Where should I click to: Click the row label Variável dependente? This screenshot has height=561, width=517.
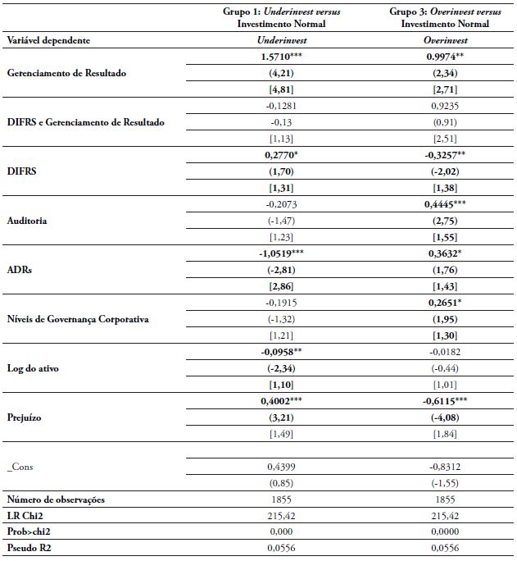[x=48, y=39]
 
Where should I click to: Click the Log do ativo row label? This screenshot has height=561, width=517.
[x=33, y=368]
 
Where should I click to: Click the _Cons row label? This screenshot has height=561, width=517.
[x=21, y=466]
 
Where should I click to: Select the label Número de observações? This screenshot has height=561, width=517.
[x=56, y=499]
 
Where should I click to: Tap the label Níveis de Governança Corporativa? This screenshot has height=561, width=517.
[x=78, y=319]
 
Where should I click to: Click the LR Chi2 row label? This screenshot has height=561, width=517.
[x=26, y=515]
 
